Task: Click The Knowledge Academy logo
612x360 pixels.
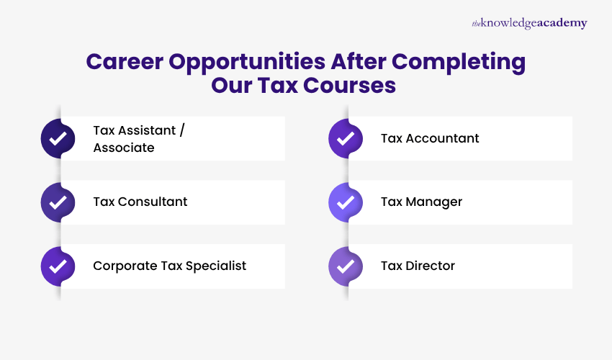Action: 529,24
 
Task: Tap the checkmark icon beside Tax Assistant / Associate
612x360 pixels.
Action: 58,138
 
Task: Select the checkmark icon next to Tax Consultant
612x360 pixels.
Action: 58,202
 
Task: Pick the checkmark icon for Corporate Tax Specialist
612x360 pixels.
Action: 58,266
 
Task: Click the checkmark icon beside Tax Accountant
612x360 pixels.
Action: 346,138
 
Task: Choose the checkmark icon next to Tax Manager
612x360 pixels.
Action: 346,202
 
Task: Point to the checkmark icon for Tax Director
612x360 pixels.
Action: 346,266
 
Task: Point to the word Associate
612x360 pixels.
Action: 124,148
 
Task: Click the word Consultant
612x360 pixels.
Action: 153,202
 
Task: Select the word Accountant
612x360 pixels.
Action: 441,138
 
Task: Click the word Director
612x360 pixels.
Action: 429,266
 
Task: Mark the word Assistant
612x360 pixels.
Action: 148,130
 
